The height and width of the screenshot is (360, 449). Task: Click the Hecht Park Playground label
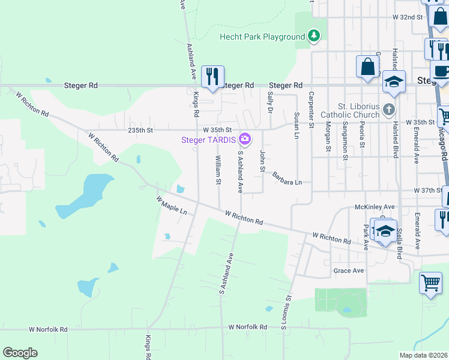262,37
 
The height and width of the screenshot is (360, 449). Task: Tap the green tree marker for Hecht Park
313,37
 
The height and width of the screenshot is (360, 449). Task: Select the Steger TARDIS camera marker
244,140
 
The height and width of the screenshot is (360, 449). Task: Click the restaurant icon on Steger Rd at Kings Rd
212,77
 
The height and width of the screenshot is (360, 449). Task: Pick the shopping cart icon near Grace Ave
430,283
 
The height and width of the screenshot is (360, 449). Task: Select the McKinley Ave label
377,207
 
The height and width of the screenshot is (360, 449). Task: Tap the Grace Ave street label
349,271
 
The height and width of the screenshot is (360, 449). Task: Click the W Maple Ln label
172,207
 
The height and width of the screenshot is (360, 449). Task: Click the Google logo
20,353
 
